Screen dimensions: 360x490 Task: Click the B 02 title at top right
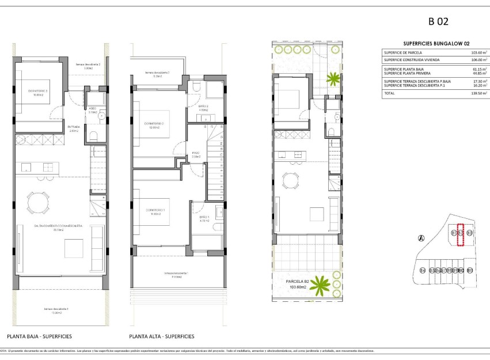click(x=438, y=22)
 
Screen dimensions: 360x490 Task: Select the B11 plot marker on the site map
click(x=470, y=270)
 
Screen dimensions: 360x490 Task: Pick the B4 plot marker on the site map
click(x=423, y=270)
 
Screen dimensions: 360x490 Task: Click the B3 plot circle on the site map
click(x=469, y=233)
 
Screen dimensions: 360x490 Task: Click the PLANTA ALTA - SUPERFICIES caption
click(x=162, y=336)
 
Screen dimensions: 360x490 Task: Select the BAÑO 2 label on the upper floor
click(x=203, y=108)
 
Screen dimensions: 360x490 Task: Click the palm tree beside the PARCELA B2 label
click(x=322, y=284)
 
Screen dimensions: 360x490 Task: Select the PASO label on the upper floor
click(x=196, y=153)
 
